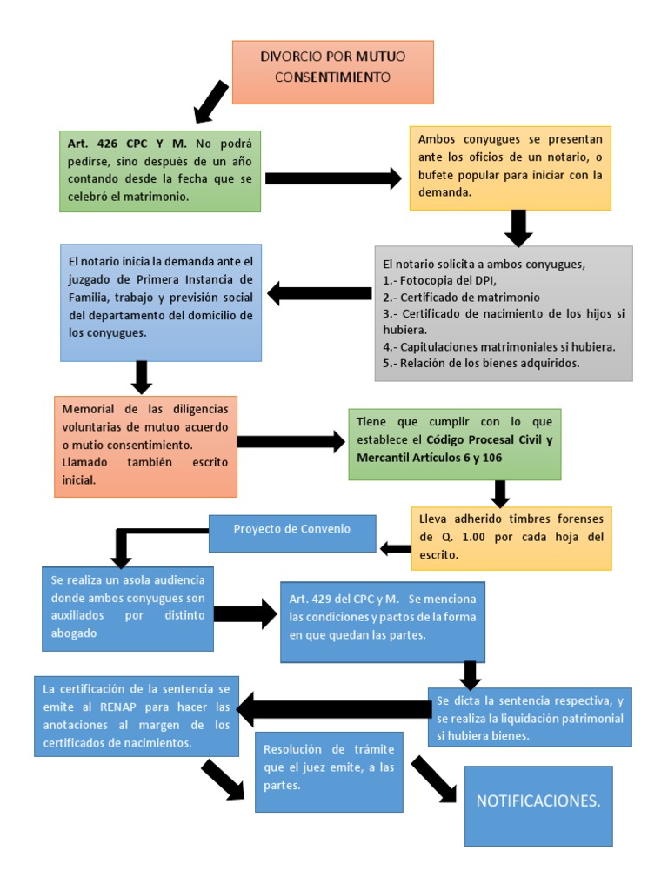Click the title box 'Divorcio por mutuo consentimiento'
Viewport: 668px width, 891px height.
point(332,71)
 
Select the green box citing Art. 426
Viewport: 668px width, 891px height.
point(160,171)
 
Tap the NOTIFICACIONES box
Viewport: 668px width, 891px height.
point(538,805)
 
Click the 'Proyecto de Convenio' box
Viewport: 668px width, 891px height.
point(292,533)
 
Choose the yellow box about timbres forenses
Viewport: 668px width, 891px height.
point(511,538)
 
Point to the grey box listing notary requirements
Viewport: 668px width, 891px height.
point(504,313)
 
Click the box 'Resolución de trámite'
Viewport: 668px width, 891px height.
point(329,772)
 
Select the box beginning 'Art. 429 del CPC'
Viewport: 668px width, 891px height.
point(383,621)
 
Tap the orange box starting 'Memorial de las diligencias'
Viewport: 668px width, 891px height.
point(145,445)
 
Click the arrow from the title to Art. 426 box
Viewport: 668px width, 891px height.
point(210,101)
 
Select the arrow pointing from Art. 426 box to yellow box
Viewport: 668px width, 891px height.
point(333,178)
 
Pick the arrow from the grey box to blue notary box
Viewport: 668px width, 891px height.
point(319,293)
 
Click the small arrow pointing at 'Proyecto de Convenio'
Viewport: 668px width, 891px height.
point(396,548)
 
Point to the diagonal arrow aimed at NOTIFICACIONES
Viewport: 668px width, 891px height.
point(433,778)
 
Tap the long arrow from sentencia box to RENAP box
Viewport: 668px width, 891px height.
point(333,708)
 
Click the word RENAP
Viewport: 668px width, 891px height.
point(113,707)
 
